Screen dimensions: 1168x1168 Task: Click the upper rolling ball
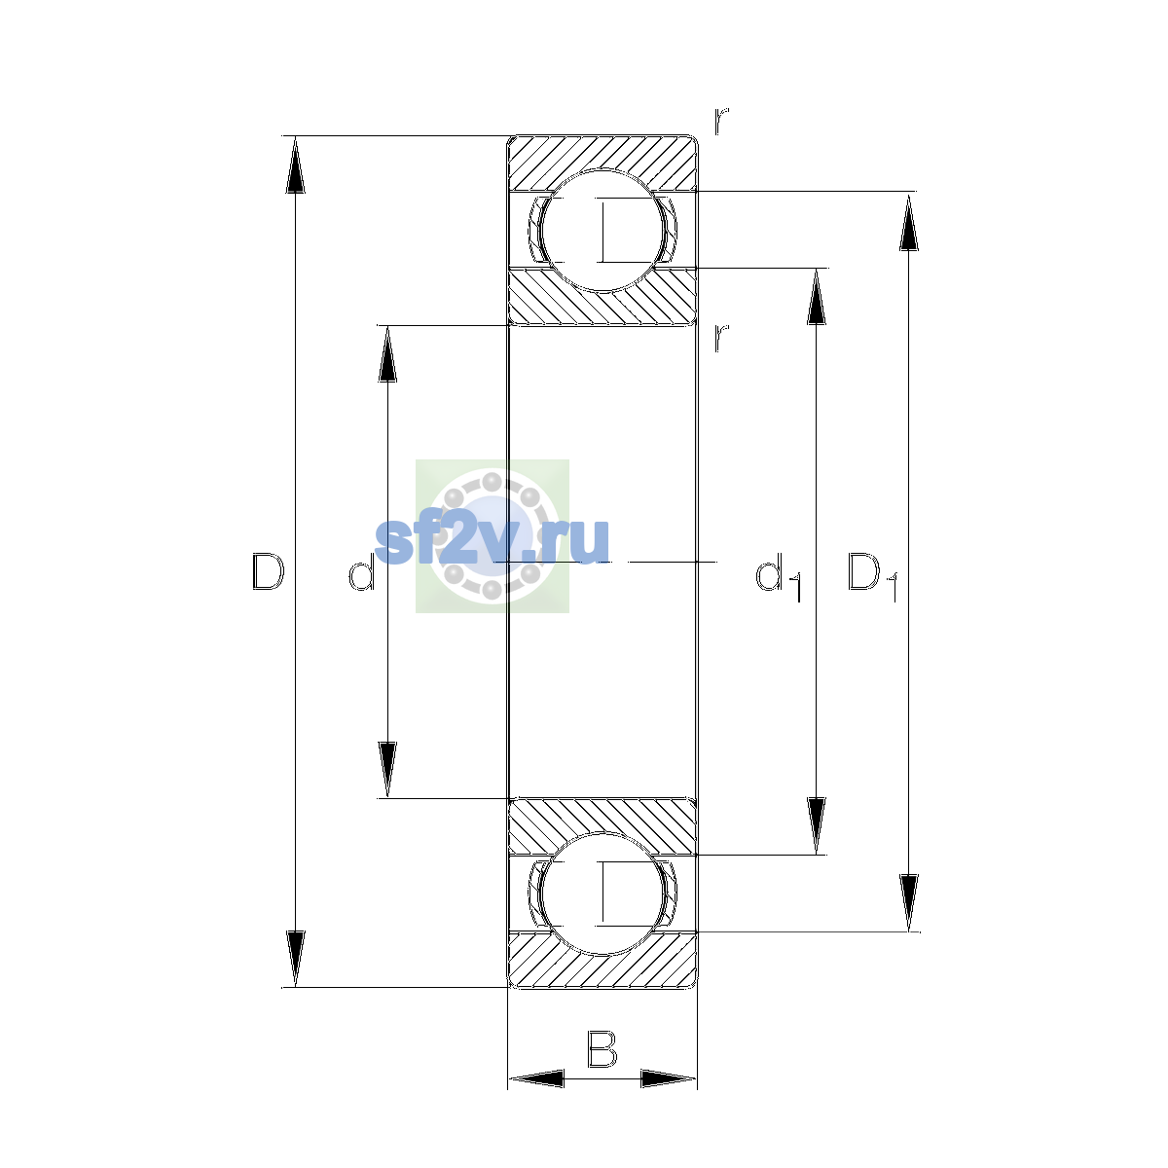(602, 231)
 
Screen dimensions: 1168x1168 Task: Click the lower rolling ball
(602, 894)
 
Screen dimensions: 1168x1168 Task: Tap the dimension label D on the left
(268, 571)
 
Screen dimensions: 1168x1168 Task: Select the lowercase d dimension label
(361, 572)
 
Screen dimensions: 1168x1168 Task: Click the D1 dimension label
(872, 576)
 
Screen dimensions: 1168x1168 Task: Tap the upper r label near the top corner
(721, 122)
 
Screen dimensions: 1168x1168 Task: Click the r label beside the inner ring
(721, 338)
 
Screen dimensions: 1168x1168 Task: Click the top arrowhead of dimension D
(295, 164)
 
